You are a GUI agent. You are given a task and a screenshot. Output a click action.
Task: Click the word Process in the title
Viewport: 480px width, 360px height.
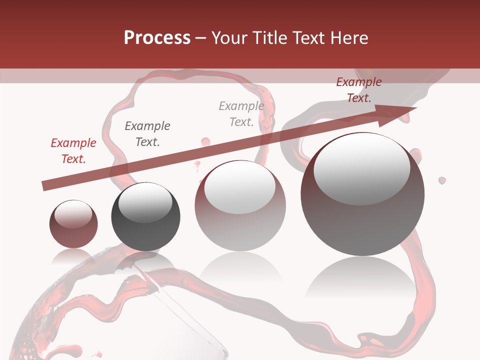click(x=157, y=38)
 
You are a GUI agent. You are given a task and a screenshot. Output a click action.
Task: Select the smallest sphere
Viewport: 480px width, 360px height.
click(x=73, y=224)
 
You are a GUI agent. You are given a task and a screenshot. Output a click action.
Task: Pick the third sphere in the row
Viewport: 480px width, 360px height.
click(x=240, y=206)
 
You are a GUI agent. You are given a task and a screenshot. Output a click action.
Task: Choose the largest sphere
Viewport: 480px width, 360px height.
click(x=362, y=194)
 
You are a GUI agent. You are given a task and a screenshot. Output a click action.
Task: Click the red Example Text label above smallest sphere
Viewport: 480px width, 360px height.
click(x=73, y=151)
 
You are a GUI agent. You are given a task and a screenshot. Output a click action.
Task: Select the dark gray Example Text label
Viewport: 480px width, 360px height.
click(x=147, y=134)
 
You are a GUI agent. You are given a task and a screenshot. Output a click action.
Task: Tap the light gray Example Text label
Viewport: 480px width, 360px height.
click(x=241, y=113)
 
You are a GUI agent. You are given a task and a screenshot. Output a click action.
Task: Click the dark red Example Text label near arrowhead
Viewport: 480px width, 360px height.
click(x=358, y=90)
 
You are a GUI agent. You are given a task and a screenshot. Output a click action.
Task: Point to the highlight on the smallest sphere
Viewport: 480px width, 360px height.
click(x=73, y=213)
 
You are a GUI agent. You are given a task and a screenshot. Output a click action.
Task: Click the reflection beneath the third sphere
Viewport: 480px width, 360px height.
click(x=240, y=267)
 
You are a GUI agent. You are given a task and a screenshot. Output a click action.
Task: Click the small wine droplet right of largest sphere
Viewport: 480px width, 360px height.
click(x=442, y=180)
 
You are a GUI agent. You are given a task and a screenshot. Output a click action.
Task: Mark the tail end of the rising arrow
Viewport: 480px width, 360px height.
click(x=44, y=186)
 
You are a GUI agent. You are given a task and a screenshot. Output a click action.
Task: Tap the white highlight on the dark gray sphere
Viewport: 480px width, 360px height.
click(x=145, y=203)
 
